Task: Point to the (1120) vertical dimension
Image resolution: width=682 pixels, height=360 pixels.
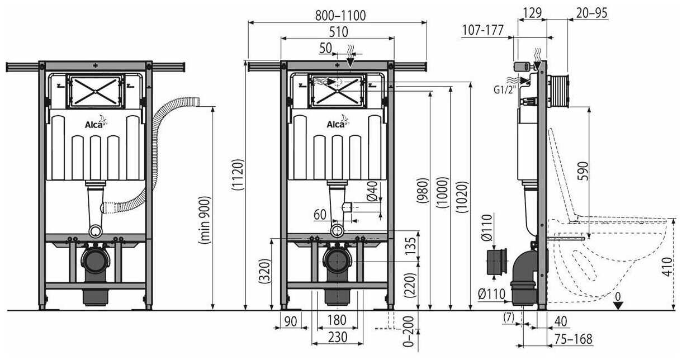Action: click(x=238, y=185)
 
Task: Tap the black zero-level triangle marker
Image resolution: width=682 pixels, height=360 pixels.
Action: click(x=617, y=305)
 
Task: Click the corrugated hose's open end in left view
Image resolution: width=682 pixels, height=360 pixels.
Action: click(x=199, y=102)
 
